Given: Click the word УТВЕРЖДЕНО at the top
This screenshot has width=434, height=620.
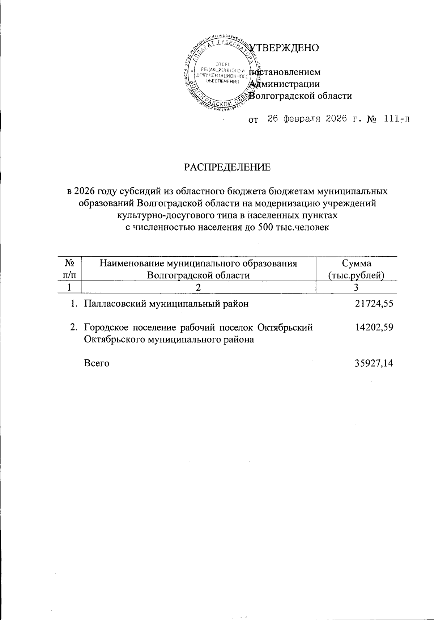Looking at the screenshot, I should click(x=285, y=47).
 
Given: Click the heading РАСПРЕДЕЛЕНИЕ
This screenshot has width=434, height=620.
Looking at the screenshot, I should click(x=227, y=167).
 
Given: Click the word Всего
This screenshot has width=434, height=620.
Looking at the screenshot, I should click(x=97, y=363).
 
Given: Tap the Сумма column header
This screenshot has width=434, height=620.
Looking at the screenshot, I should click(x=356, y=263).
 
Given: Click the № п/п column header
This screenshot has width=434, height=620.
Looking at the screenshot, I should click(x=69, y=269).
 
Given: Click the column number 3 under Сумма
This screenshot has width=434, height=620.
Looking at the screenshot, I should click(x=356, y=287).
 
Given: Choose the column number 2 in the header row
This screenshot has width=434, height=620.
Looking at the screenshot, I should click(x=198, y=287).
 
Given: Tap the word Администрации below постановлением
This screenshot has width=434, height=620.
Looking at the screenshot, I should click(x=285, y=84).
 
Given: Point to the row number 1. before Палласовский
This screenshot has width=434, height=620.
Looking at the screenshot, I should click(x=74, y=303).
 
